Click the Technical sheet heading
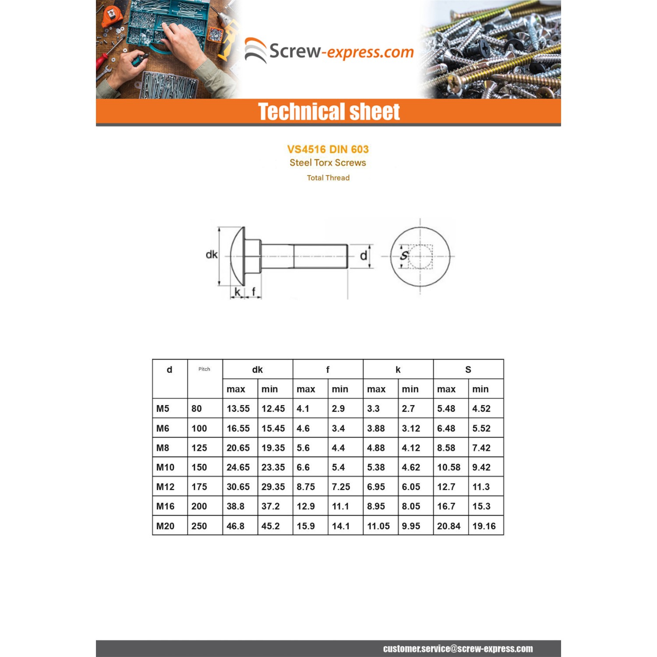tap(328, 112)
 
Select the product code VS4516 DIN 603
tap(328, 149)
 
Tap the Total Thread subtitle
tap(328, 178)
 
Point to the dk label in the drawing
tap(212, 254)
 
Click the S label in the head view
tap(404, 255)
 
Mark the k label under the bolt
tap(237, 292)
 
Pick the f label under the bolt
tap(253, 292)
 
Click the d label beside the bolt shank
tap(363, 256)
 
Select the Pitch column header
tap(204, 369)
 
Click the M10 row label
tap(165, 467)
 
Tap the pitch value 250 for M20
tap(199, 526)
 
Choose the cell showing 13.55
tap(238, 409)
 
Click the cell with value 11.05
tap(378, 526)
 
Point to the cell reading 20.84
tap(449, 526)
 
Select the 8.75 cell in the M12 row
tap(306, 487)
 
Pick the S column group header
tap(468, 370)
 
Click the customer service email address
tap(458, 649)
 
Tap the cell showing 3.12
tap(411, 428)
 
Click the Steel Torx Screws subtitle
tap(328, 163)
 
